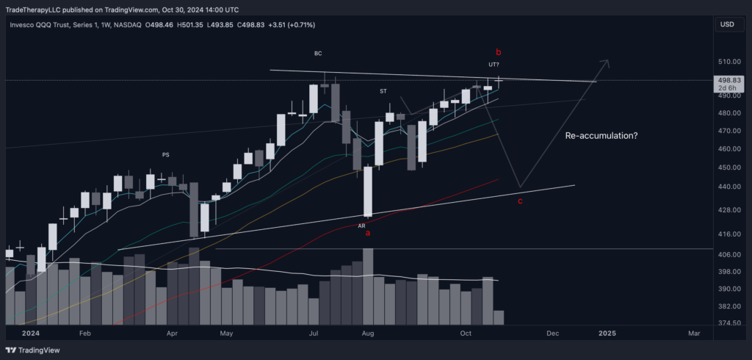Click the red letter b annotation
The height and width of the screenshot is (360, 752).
click(499, 52)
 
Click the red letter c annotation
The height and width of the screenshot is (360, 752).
click(521, 201)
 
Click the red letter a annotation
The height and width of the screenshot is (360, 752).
click(368, 233)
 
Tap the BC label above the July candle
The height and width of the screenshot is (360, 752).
click(318, 54)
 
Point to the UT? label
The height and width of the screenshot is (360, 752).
click(494, 65)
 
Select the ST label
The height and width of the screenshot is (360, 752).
click(383, 91)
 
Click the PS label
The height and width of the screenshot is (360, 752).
click(166, 154)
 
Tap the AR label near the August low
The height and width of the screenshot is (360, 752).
click(362, 226)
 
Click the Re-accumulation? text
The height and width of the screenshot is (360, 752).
click(600, 136)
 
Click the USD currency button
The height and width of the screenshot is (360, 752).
click(728, 24)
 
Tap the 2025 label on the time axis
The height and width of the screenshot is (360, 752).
click(607, 333)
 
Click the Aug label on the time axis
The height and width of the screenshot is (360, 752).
click(368, 333)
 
